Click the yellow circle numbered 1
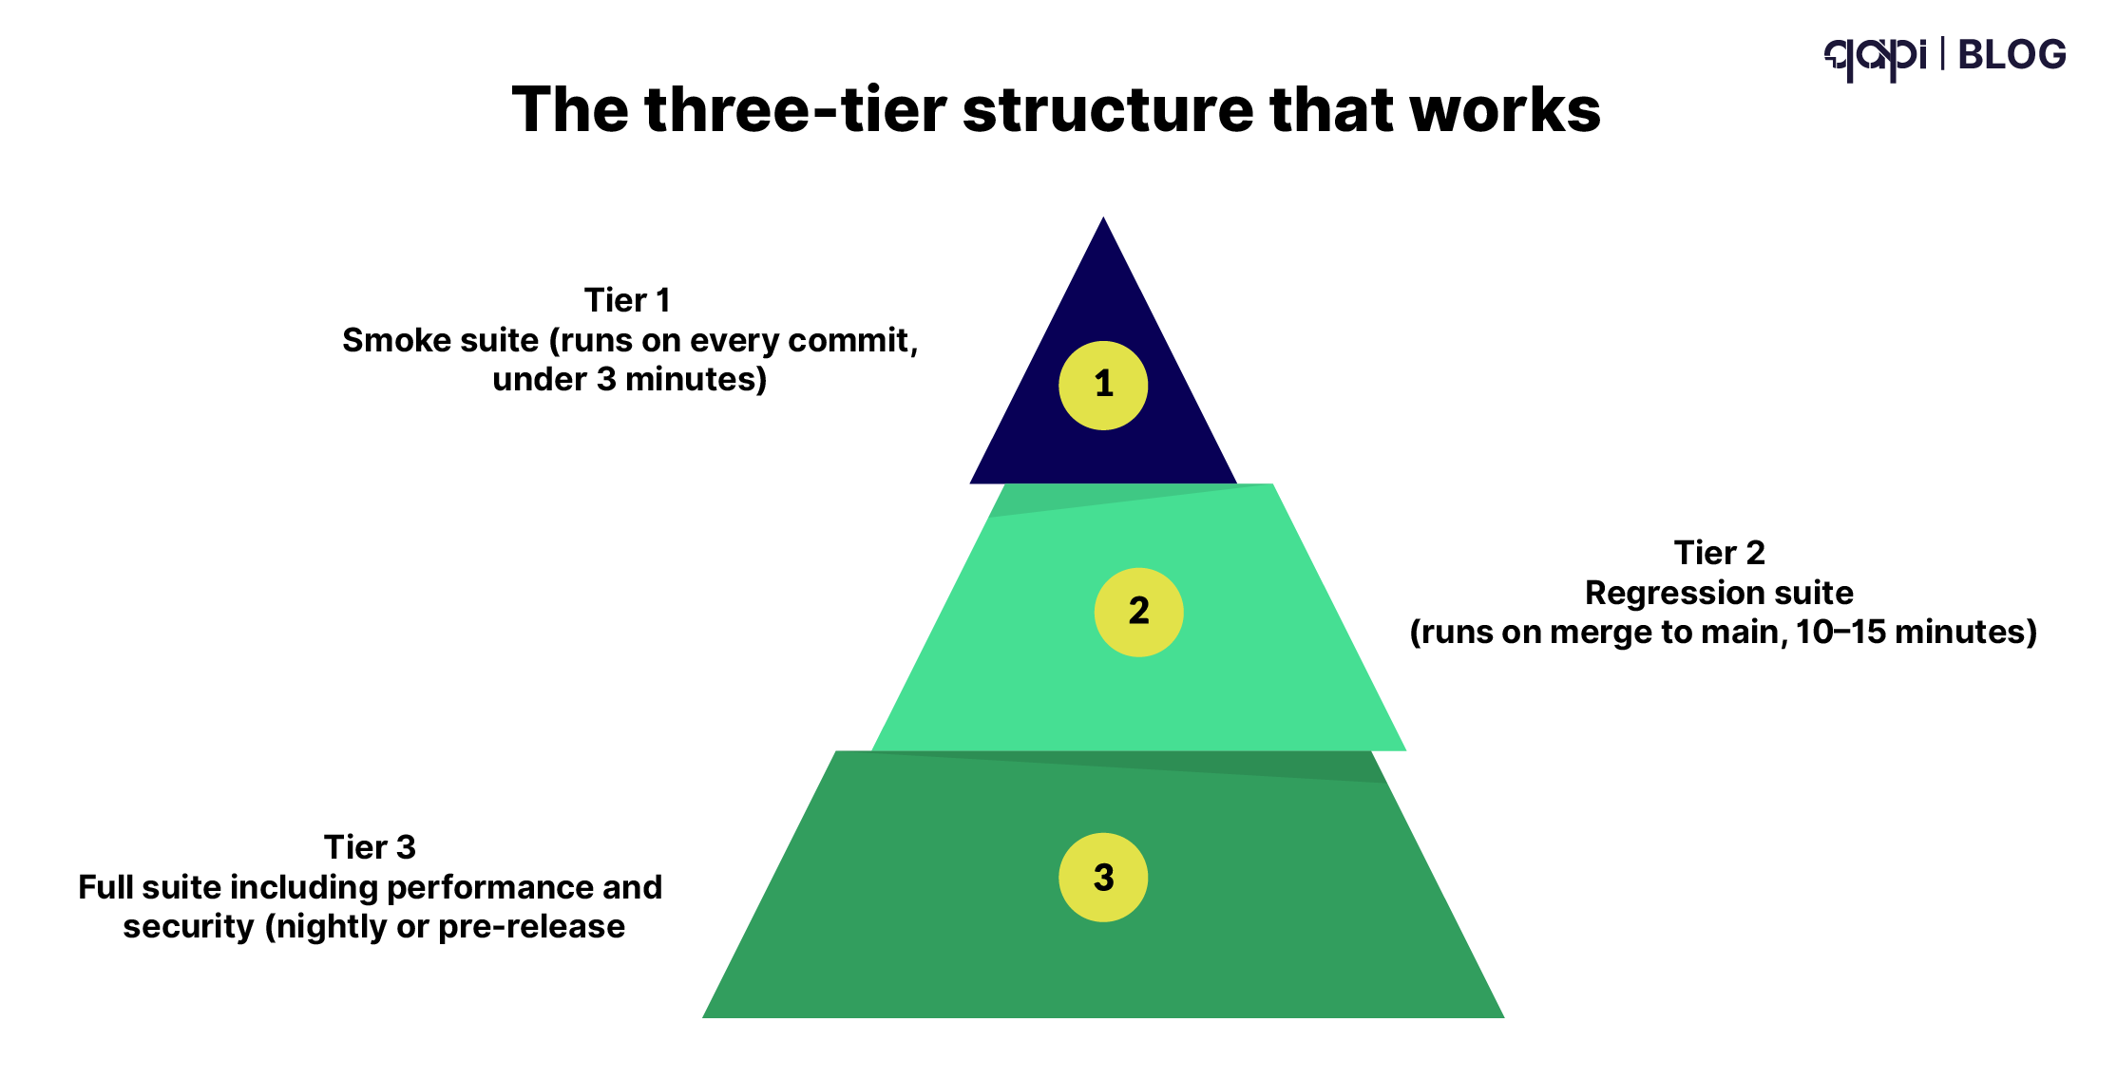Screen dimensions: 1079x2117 pos(1103,386)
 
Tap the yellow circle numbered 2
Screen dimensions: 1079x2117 pos(1138,612)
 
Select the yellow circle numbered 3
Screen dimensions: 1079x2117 pos(1103,878)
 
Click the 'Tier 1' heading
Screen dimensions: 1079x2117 pos(627,300)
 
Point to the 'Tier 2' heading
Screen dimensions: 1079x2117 pos(1719,553)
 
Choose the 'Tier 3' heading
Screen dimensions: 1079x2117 pos(370,847)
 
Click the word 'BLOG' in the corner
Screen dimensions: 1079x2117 pos(2012,55)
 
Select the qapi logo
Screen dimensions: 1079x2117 pos(1874,57)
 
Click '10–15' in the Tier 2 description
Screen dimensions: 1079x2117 pos(1840,633)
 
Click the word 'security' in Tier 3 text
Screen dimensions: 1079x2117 pos(188,927)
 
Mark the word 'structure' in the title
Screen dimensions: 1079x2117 pos(1107,109)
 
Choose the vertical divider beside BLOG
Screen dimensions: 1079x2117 pos(1942,53)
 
